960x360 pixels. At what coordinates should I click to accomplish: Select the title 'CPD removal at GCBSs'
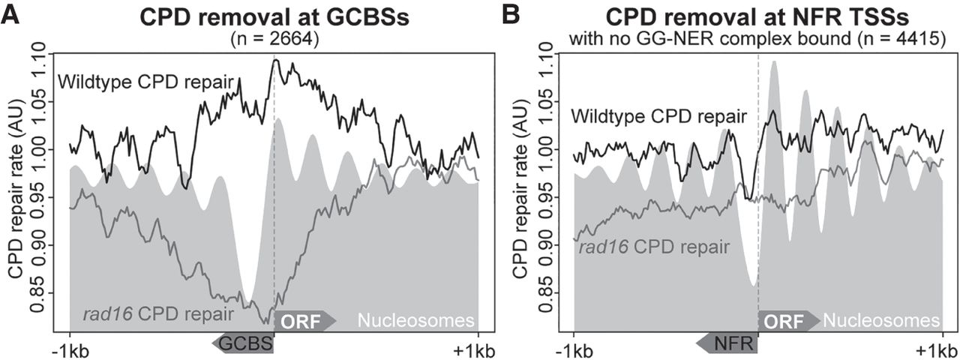point(274,17)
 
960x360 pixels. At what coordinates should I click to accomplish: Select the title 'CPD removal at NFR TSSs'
point(757,17)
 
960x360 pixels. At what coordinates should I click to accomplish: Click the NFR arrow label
point(727,343)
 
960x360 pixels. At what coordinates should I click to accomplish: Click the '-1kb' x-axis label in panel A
point(69,351)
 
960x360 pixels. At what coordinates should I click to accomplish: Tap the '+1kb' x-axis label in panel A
point(477,351)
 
